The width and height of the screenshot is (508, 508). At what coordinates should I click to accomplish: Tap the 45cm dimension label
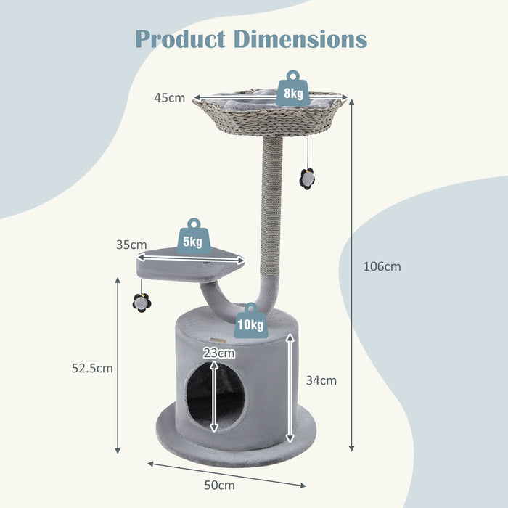169,98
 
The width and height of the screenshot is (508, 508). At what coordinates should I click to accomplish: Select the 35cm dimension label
131,245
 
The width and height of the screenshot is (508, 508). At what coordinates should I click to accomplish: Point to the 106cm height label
382,266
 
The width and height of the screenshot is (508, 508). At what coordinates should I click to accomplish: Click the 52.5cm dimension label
92,368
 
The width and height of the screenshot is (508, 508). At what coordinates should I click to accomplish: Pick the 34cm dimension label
321,380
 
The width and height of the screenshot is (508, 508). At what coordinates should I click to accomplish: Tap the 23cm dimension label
219,353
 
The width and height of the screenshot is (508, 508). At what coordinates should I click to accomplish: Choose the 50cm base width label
219,485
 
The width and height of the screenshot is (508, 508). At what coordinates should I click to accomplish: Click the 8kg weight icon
292,90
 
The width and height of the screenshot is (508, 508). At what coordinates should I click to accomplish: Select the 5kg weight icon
193,238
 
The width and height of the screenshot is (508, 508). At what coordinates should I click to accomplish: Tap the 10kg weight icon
250,321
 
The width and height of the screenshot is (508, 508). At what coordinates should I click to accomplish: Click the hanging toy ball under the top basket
308,177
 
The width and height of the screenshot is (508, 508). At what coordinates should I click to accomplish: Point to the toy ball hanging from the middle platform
142,303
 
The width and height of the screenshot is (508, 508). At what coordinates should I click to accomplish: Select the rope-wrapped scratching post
273,210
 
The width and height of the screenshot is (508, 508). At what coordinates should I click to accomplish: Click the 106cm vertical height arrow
353,276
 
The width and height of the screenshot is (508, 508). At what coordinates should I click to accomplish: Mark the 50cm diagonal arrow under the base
226,474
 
